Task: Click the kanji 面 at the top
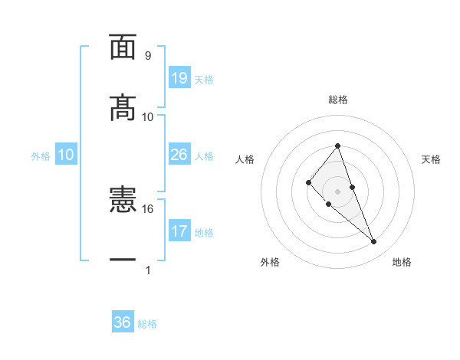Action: pyautogui.click(x=123, y=47)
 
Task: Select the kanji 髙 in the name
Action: pyautogui.click(x=123, y=107)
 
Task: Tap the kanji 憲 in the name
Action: pyautogui.click(x=123, y=201)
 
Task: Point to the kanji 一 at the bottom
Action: pyautogui.click(x=123, y=261)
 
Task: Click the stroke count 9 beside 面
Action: pyautogui.click(x=147, y=56)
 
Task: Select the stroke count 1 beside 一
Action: pyautogui.click(x=147, y=270)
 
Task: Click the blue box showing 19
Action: pyautogui.click(x=179, y=78)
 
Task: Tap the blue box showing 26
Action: pyautogui.click(x=179, y=155)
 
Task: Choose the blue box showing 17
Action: pyautogui.click(x=179, y=231)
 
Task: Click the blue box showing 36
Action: pyautogui.click(x=123, y=322)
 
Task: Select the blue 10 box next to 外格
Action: pyautogui.click(x=66, y=155)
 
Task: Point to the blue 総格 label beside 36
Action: pyautogui.click(x=148, y=324)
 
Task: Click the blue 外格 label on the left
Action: pyautogui.click(x=41, y=156)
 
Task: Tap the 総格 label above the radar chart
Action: pyautogui.click(x=338, y=100)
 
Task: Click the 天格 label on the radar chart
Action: pyautogui.click(x=431, y=159)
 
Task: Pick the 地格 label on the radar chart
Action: pyautogui.click(x=402, y=262)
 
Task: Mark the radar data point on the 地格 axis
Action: pyautogui.click(x=374, y=242)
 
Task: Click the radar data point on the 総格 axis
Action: pyautogui.click(x=338, y=146)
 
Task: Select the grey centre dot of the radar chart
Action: pyautogui.click(x=338, y=191)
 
